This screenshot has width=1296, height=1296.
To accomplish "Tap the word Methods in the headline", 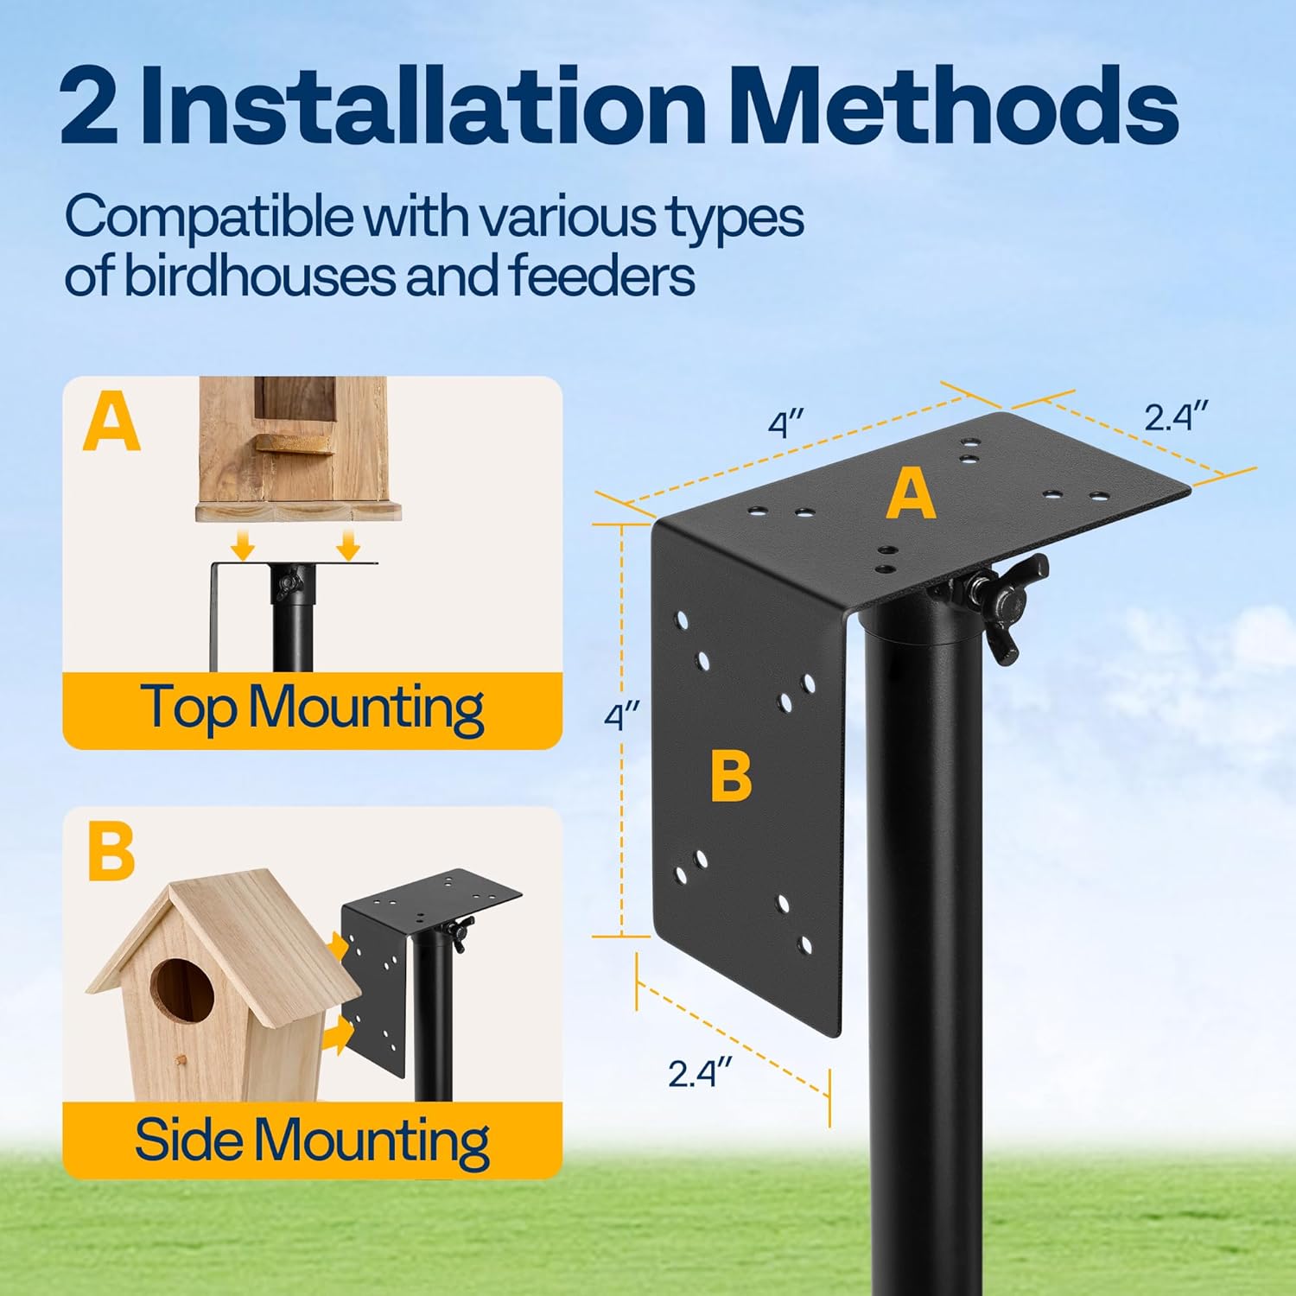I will point(955,107).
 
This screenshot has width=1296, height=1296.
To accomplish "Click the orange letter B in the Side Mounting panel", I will point(111,852).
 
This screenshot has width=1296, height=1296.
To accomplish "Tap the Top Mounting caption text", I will point(312,708).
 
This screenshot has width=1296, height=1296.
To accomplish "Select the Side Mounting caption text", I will point(312,1140).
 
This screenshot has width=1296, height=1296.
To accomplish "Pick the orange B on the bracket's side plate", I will point(731,775).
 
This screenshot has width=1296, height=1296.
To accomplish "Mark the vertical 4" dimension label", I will point(620,716).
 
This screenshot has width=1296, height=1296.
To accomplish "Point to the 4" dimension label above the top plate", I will point(786,424).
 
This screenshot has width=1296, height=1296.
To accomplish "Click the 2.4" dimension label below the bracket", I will point(699,1073).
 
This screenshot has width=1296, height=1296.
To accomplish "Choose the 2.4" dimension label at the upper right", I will point(1175,416).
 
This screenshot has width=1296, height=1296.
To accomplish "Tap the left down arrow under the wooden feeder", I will point(244,545).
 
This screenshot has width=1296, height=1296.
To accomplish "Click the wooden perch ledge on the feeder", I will point(293,443).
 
